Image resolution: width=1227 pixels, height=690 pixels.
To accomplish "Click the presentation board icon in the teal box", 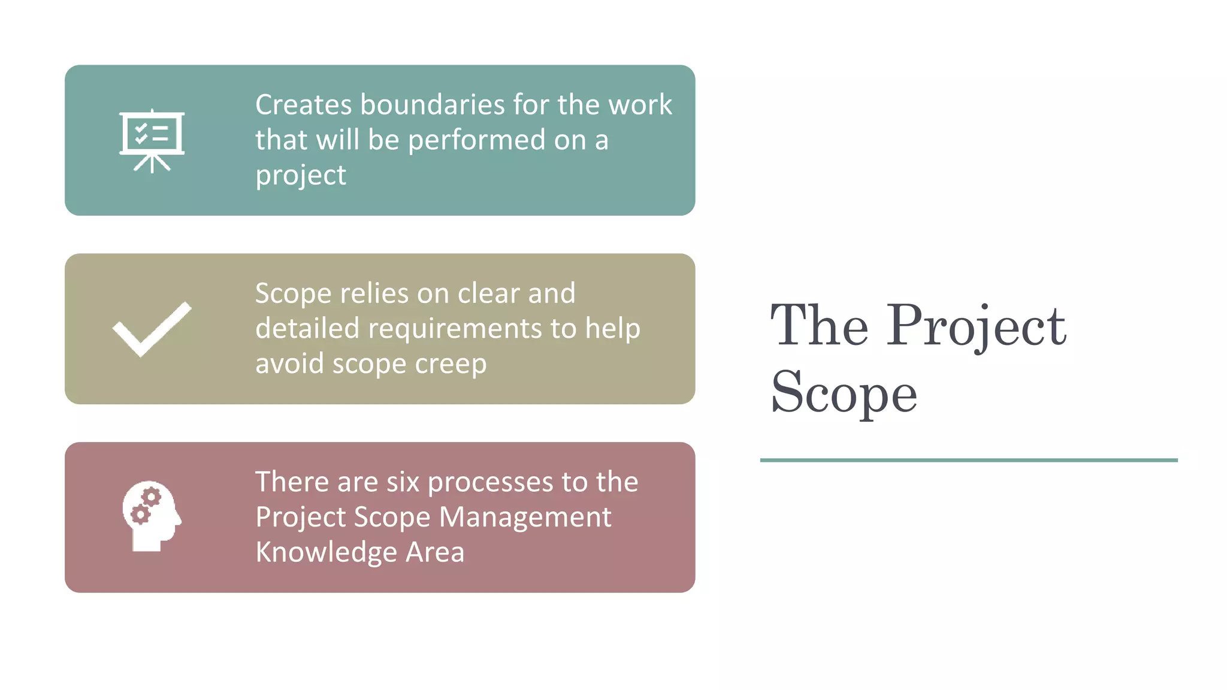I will point(152,141).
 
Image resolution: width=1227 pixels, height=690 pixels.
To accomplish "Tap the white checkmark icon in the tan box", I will point(152,329).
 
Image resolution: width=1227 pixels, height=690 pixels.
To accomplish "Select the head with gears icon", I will point(152,516).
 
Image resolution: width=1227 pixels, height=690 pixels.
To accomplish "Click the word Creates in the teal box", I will point(303,105).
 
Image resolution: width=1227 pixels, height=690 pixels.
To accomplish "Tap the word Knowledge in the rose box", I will point(326,552).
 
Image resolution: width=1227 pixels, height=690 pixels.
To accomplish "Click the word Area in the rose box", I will point(435,552).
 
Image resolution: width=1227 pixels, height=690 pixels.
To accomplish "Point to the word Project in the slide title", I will point(976,326).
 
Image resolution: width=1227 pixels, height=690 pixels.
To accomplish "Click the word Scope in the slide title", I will point(844,393).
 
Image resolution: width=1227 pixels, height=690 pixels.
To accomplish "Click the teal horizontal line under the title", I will point(968,460).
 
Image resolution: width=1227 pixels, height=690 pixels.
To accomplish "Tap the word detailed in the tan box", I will point(307,329).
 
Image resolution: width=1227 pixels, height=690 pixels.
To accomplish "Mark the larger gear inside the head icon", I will point(152,497).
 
